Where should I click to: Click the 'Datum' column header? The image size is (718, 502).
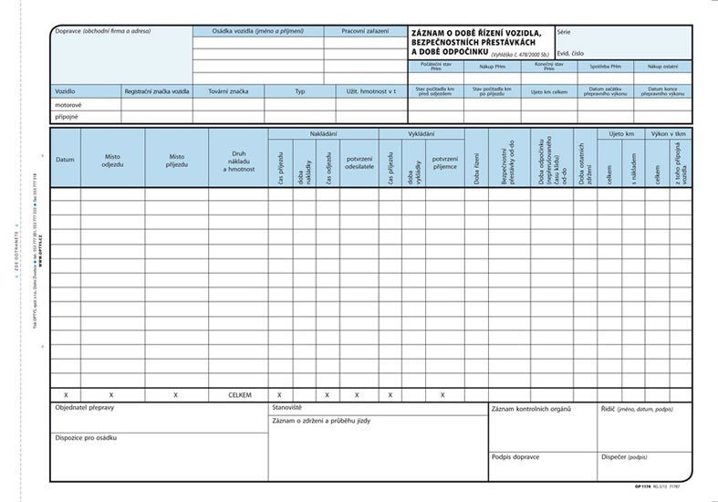tap(65, 159)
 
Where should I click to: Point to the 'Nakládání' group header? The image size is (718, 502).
tap(323, 134)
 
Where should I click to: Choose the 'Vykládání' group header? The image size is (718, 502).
tap(421, 134)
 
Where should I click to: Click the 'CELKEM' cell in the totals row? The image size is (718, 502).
tap(239, 395)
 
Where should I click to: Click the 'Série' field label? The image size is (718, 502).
tap(563, 32)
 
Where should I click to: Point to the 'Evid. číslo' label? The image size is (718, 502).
tap(570, 53)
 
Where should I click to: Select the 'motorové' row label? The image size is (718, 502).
tap(68, 105)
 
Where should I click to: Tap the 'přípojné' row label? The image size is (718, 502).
tap(67, 117)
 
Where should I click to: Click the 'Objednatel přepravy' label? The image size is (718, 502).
tap(85, 408)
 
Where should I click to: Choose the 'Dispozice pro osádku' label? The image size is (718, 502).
tap(87, 438)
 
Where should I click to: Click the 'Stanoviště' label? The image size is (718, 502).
tap(286, 407)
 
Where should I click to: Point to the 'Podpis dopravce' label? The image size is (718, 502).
tap(515, 455)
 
